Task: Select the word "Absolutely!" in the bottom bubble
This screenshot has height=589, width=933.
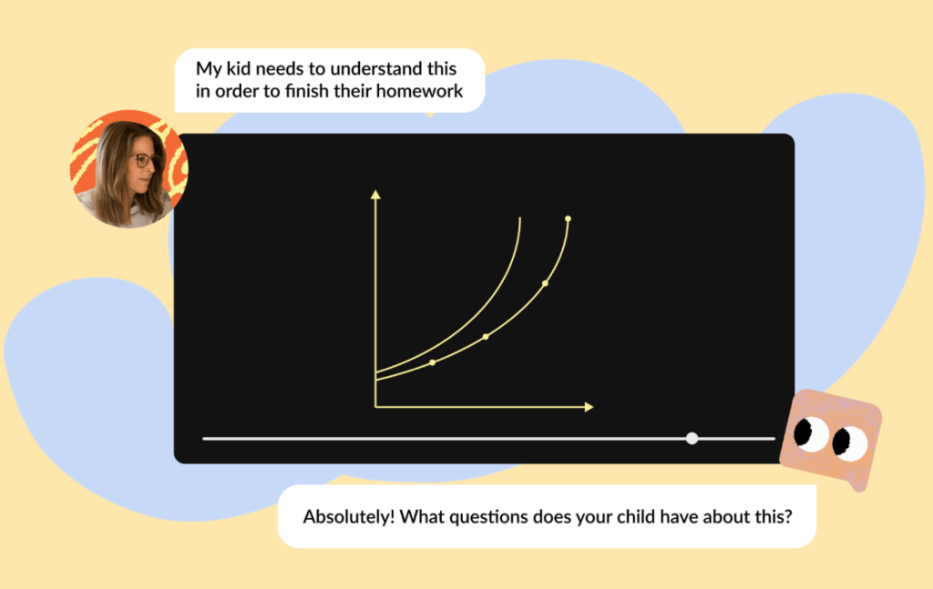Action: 349,516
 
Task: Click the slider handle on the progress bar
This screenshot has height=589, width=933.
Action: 692,439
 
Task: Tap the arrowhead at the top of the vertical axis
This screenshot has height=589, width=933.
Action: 375,194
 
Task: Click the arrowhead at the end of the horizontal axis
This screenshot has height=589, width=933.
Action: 590,407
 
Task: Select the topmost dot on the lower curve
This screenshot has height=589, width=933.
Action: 569,218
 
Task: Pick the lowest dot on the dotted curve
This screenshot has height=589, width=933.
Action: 433,362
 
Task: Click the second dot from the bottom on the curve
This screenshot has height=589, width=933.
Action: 487,337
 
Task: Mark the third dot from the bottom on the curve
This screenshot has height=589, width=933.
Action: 545,283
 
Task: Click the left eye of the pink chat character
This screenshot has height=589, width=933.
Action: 810,433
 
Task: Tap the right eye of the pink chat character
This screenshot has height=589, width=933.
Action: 850,443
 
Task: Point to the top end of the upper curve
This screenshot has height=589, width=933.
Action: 520,218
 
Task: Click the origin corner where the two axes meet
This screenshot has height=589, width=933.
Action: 375,407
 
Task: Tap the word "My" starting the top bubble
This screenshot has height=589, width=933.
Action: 209,69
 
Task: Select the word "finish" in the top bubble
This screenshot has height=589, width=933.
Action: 307,90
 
